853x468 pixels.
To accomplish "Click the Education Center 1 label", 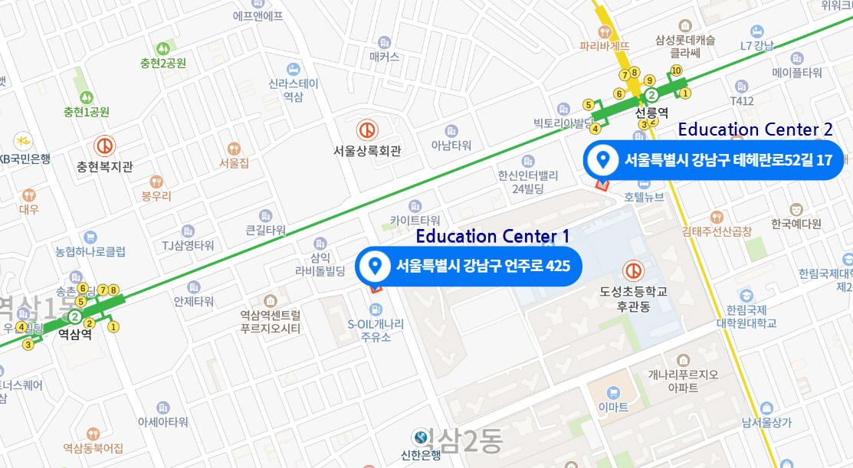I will pos(492,236).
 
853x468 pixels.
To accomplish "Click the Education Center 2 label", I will pos(755,129).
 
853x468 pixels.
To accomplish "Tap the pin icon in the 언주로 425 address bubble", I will pos(376,267).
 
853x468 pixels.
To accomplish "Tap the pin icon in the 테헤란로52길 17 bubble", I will pos(603,159).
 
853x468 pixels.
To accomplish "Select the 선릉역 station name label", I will pos(652,112).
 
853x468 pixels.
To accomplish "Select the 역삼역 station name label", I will pos(75,334).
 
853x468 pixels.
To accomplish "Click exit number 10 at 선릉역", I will pos(676,70).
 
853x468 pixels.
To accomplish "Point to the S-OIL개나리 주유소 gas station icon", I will pos(375,309).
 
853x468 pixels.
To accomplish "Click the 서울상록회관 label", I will pos(367,151).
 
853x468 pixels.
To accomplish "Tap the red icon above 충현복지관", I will pos(105,146).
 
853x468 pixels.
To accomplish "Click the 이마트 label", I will pos(612,406).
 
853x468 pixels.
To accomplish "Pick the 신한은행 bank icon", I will pos(421,437).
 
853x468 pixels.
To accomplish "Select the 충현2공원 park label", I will pos(162,64).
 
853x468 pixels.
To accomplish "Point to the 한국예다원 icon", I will pos(796,208).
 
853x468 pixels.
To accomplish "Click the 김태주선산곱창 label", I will pos(717,231).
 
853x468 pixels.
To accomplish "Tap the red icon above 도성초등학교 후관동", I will pos(633,270).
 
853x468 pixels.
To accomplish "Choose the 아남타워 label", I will pos(451,146).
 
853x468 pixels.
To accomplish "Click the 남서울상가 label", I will pos(766,422).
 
